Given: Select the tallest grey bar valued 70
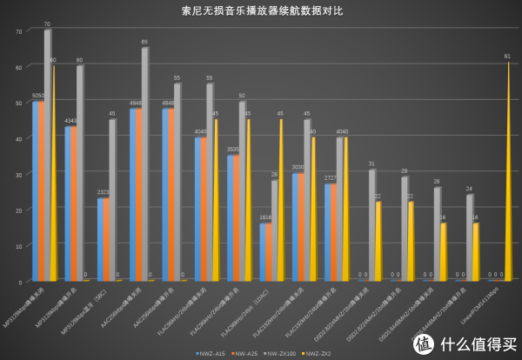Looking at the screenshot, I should point(48,157).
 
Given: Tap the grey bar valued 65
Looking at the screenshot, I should point(145,165).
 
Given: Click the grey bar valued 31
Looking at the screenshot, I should point(371,225).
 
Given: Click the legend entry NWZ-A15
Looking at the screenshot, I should point(209,353).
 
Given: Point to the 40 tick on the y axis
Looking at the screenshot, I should point(18,139).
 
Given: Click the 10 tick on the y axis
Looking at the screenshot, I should point(18,246).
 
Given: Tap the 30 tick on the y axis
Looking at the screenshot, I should point(18,175).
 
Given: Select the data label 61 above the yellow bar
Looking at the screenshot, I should point(507,57).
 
